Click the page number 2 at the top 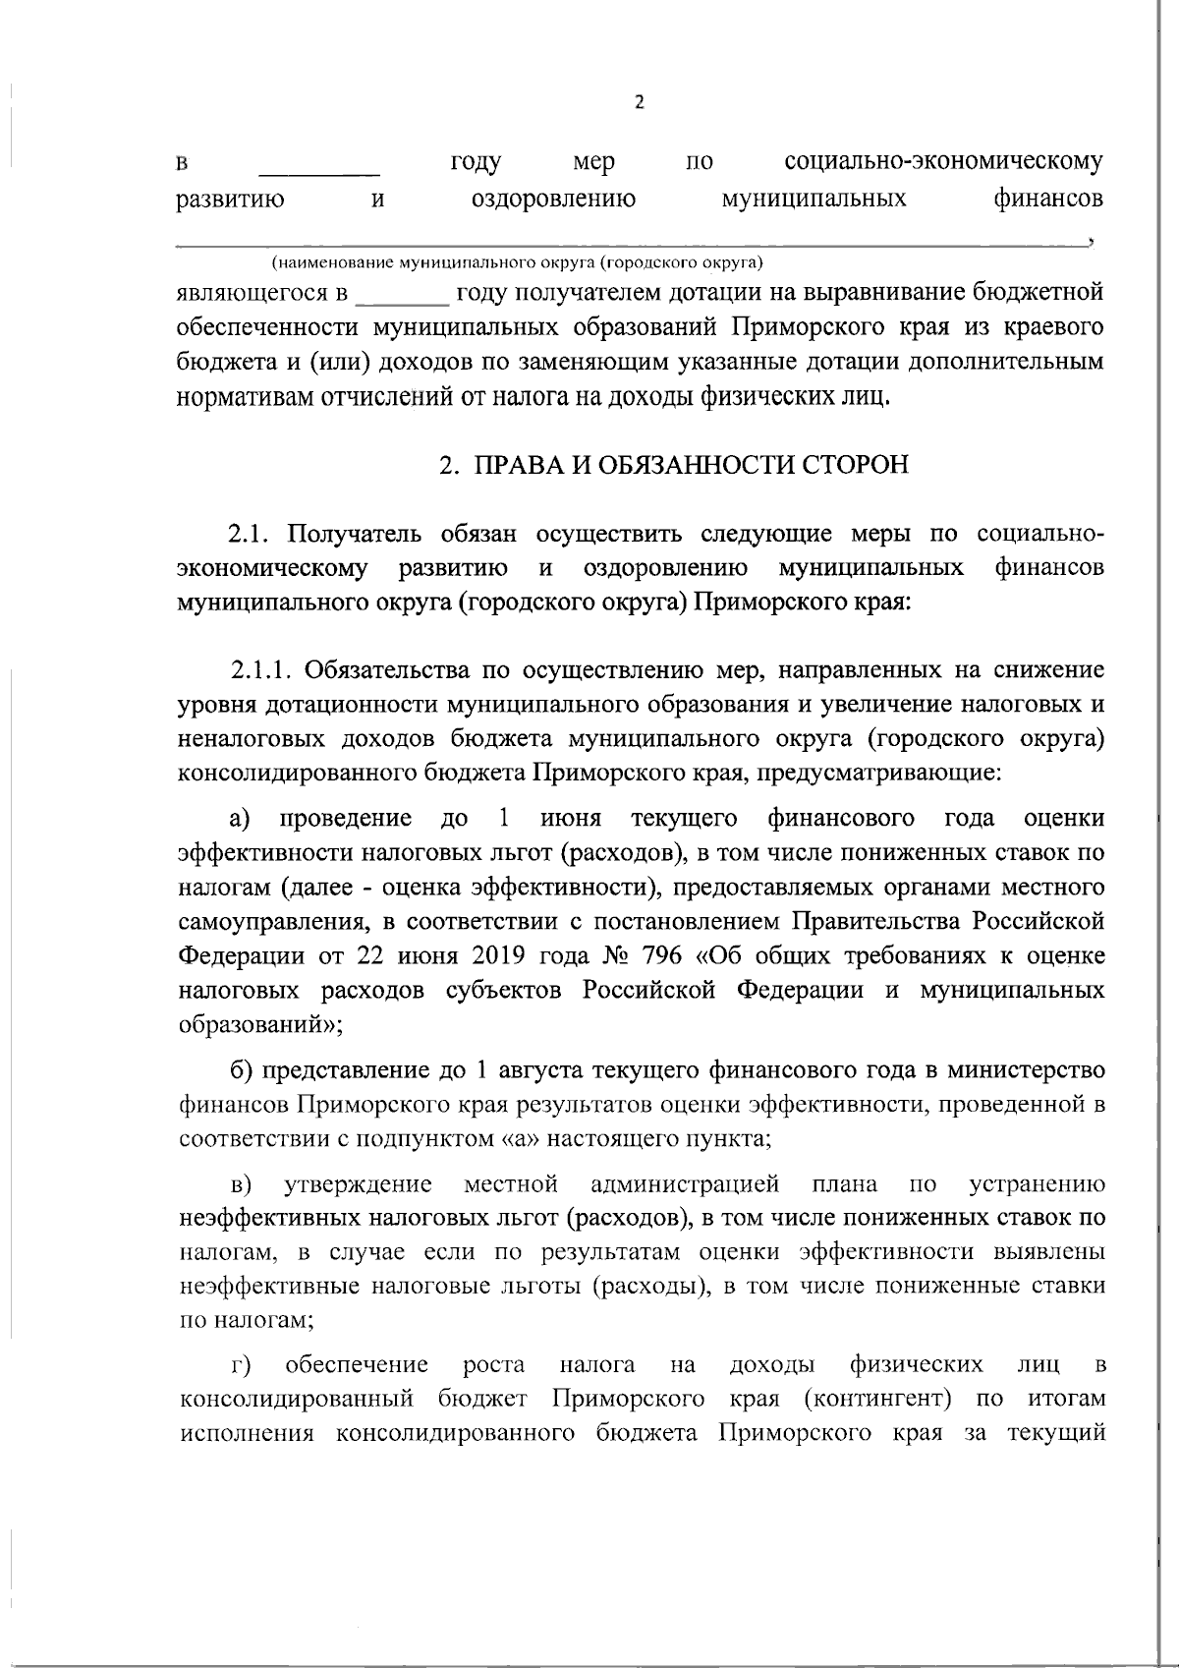[x=640, y=102]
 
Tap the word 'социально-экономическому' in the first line [x=943, y=160]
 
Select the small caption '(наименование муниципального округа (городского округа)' [x=518, y=263]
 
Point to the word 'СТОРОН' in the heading [x=857, y=465]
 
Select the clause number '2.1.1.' [x=262, y=671]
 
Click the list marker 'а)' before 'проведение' [x=241, y=819]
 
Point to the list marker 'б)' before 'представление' [x=241, y=1069]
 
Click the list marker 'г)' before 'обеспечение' [x=241, y=1365]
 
